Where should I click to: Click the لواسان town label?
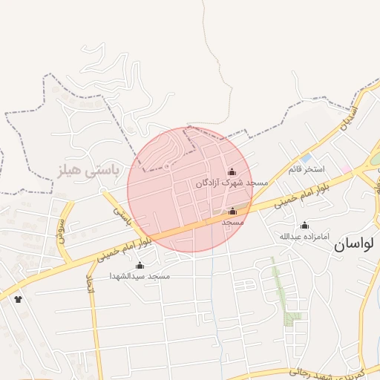(357, 243)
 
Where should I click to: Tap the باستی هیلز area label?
(88, 171)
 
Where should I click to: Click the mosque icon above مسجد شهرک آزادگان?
(232, 172)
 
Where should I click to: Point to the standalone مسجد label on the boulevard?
(232, 221)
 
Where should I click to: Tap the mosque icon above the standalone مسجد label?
(232, 211)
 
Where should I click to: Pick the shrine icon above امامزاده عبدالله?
(304, 225)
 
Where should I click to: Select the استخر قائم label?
(307, 169)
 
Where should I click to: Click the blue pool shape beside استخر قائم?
(306, 157)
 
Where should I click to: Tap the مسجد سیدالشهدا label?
(140, 276)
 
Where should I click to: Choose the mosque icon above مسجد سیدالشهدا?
(140, 265)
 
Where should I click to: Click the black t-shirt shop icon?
(18, 299)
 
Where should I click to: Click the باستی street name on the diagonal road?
(122, 217)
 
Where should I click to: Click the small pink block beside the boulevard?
(346, 170)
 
